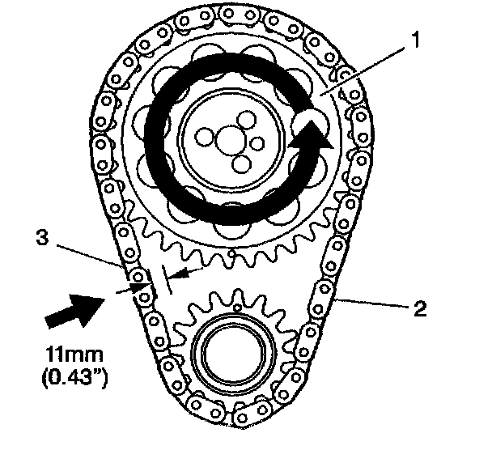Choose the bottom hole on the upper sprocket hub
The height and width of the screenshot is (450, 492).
click(x=240, y=164)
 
